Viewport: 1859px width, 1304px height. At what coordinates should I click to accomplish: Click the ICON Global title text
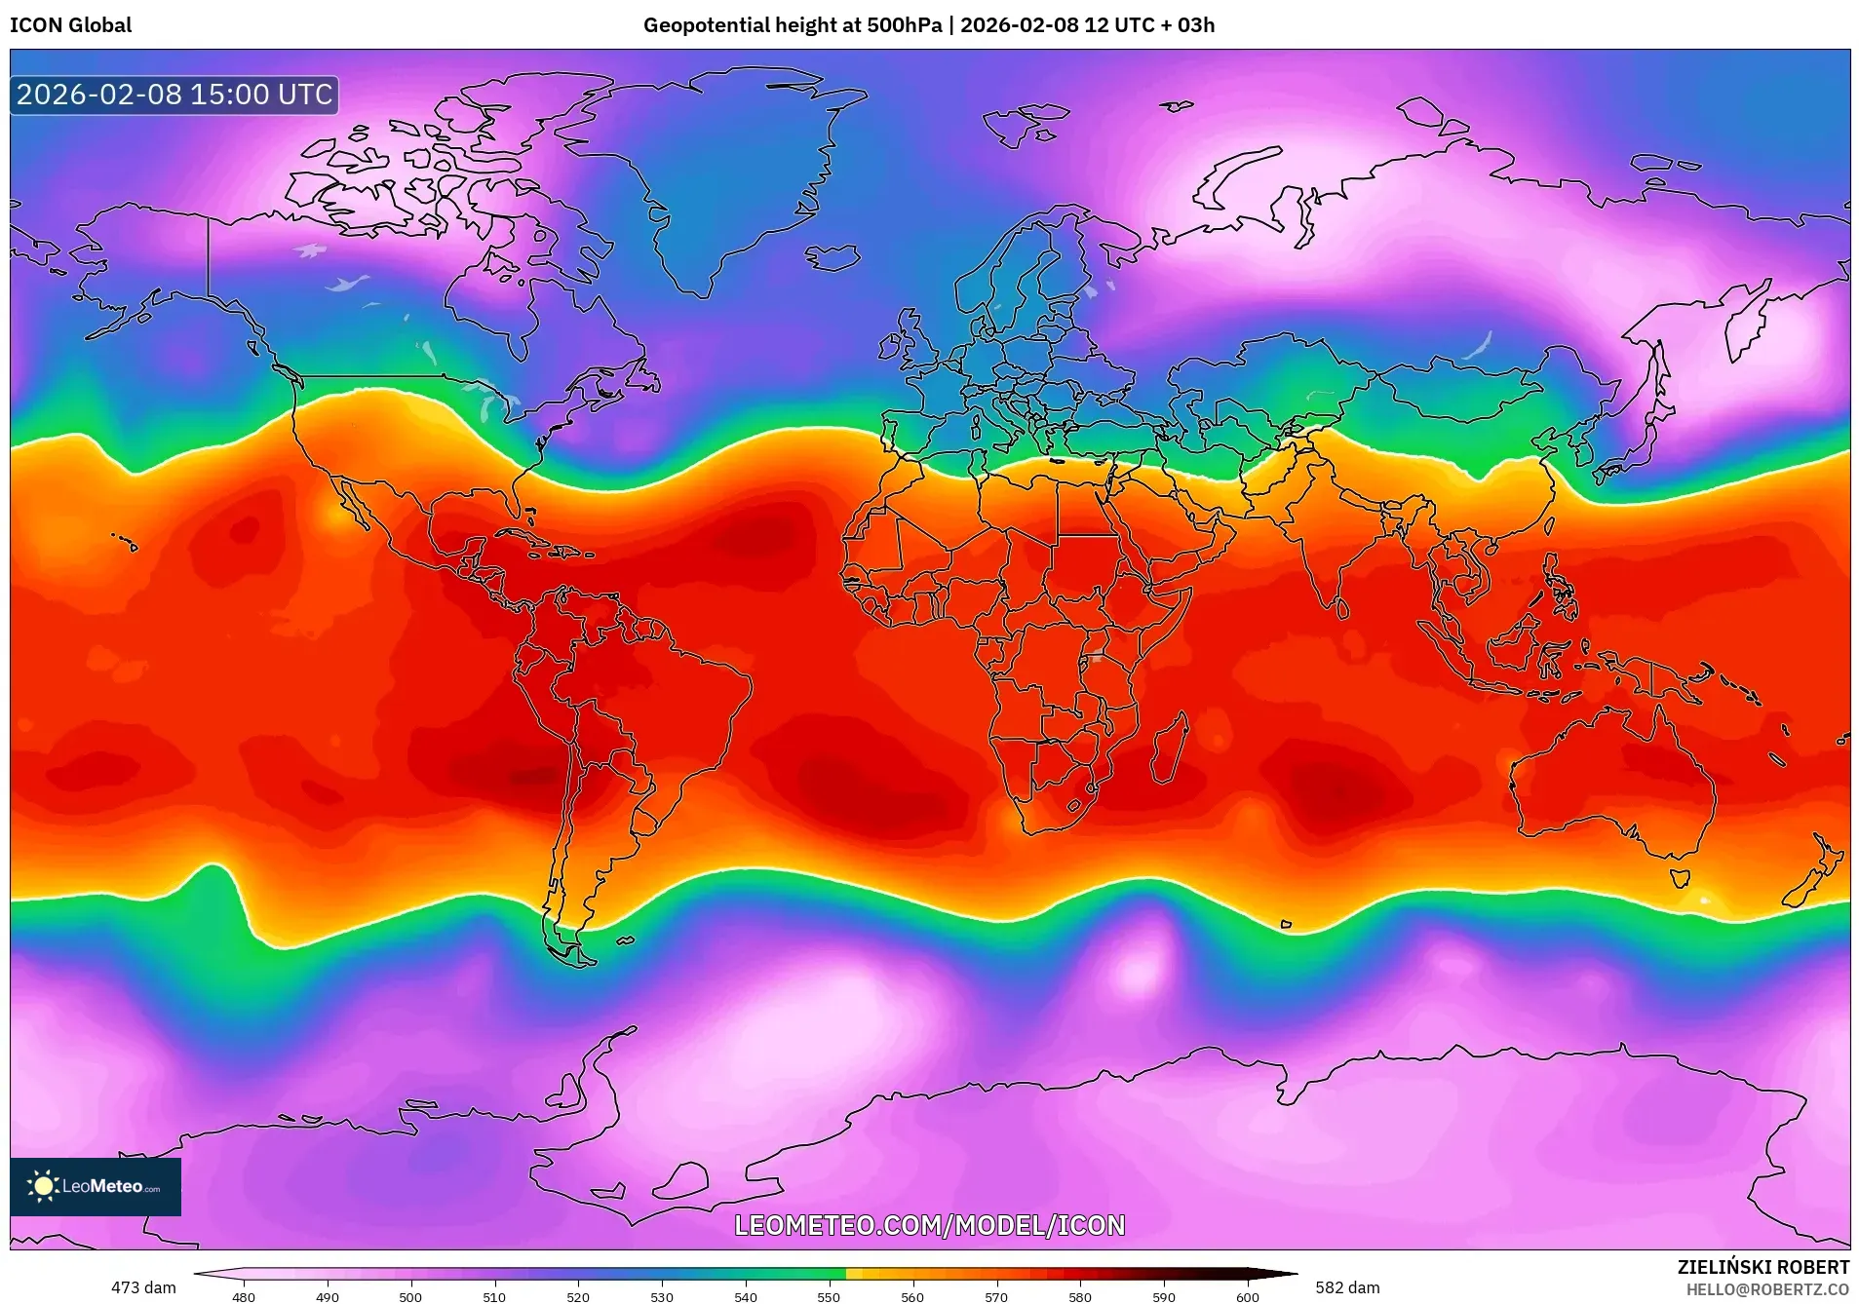[70, 25]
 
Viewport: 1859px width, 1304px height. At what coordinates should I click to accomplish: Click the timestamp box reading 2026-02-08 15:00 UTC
[174, 95]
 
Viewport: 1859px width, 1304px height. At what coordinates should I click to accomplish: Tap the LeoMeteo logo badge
[96, 1186]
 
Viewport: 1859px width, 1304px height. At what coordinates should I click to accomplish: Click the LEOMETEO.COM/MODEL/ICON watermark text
[929, 1225]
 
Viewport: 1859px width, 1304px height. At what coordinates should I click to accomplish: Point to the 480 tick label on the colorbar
[244, 1297]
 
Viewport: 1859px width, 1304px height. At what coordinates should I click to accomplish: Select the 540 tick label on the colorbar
[746, 1297]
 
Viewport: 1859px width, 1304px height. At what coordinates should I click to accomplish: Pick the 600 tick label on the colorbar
[1248, 1297]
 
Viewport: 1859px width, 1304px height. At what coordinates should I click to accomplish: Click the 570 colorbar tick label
[996, 1297]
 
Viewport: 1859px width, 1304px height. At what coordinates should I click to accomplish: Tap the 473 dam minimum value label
[143, 1287]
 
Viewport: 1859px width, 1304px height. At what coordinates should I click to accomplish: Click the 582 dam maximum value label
[1347, 1287]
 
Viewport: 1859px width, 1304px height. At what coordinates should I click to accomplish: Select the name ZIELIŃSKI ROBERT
[1762, 1267]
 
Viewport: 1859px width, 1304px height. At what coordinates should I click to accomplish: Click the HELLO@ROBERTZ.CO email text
[1767, 1289]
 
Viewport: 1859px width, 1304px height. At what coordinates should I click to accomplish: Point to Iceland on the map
[833, 257]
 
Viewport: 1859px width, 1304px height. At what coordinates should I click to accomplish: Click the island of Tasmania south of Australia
[1680, 877]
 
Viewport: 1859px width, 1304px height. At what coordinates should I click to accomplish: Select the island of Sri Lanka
[1342, 609]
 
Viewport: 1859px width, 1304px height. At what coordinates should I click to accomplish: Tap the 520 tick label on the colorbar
[578, 1297]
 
